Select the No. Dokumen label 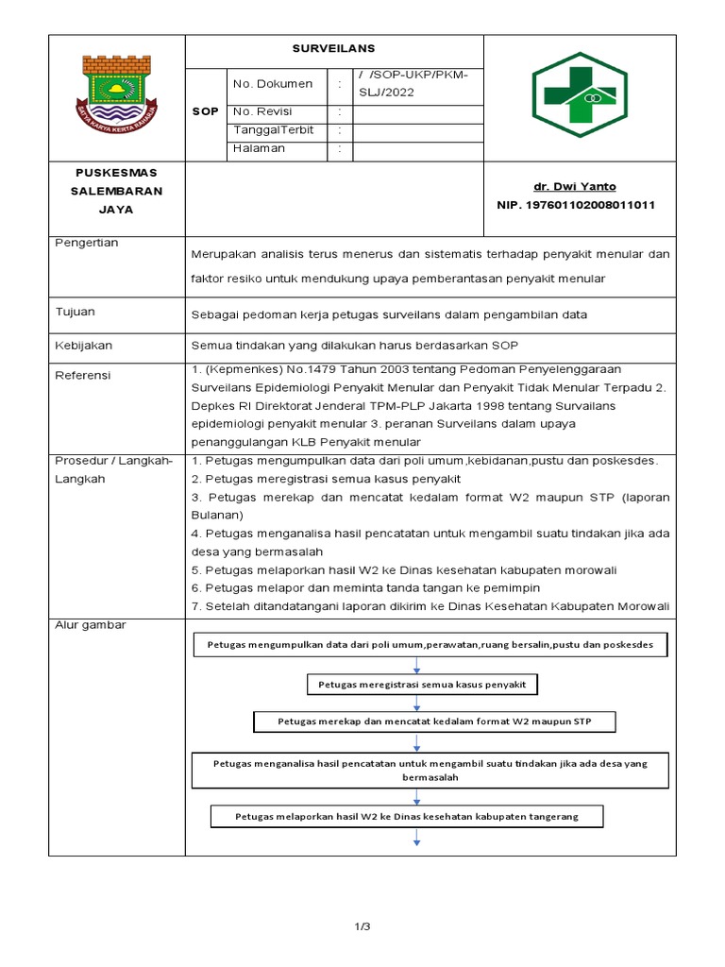[272, 84]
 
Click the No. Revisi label [262, 111]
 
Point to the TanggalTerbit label [273, 130]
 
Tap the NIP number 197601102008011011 [576, 205]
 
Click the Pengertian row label [87, 243]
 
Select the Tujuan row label [76, 311]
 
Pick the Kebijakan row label [83, 346]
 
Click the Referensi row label [83, 375]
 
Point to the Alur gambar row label [91, 624]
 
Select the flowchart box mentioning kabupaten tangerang [406, 815]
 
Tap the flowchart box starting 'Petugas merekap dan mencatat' [434, 721]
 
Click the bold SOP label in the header [205, 111]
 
